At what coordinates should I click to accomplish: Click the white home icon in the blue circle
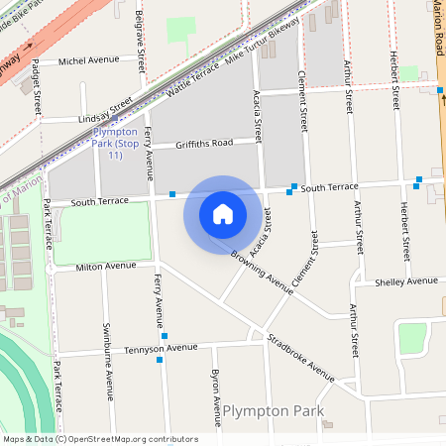(x=223, y=213)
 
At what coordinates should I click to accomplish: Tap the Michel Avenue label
(x=89, y=60)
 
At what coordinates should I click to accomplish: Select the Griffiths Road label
(x=203, y=143)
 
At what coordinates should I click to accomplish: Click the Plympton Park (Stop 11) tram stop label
(x=116, y=144)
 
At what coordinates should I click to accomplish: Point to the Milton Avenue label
(x=106, y=266)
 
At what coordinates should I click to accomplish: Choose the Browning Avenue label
(x=263, y=271)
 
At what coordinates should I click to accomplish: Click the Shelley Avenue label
(x=406, y=281)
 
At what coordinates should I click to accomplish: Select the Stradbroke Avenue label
(x=301, y=357)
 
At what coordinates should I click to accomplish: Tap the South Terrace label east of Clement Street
(x=329, y=187)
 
